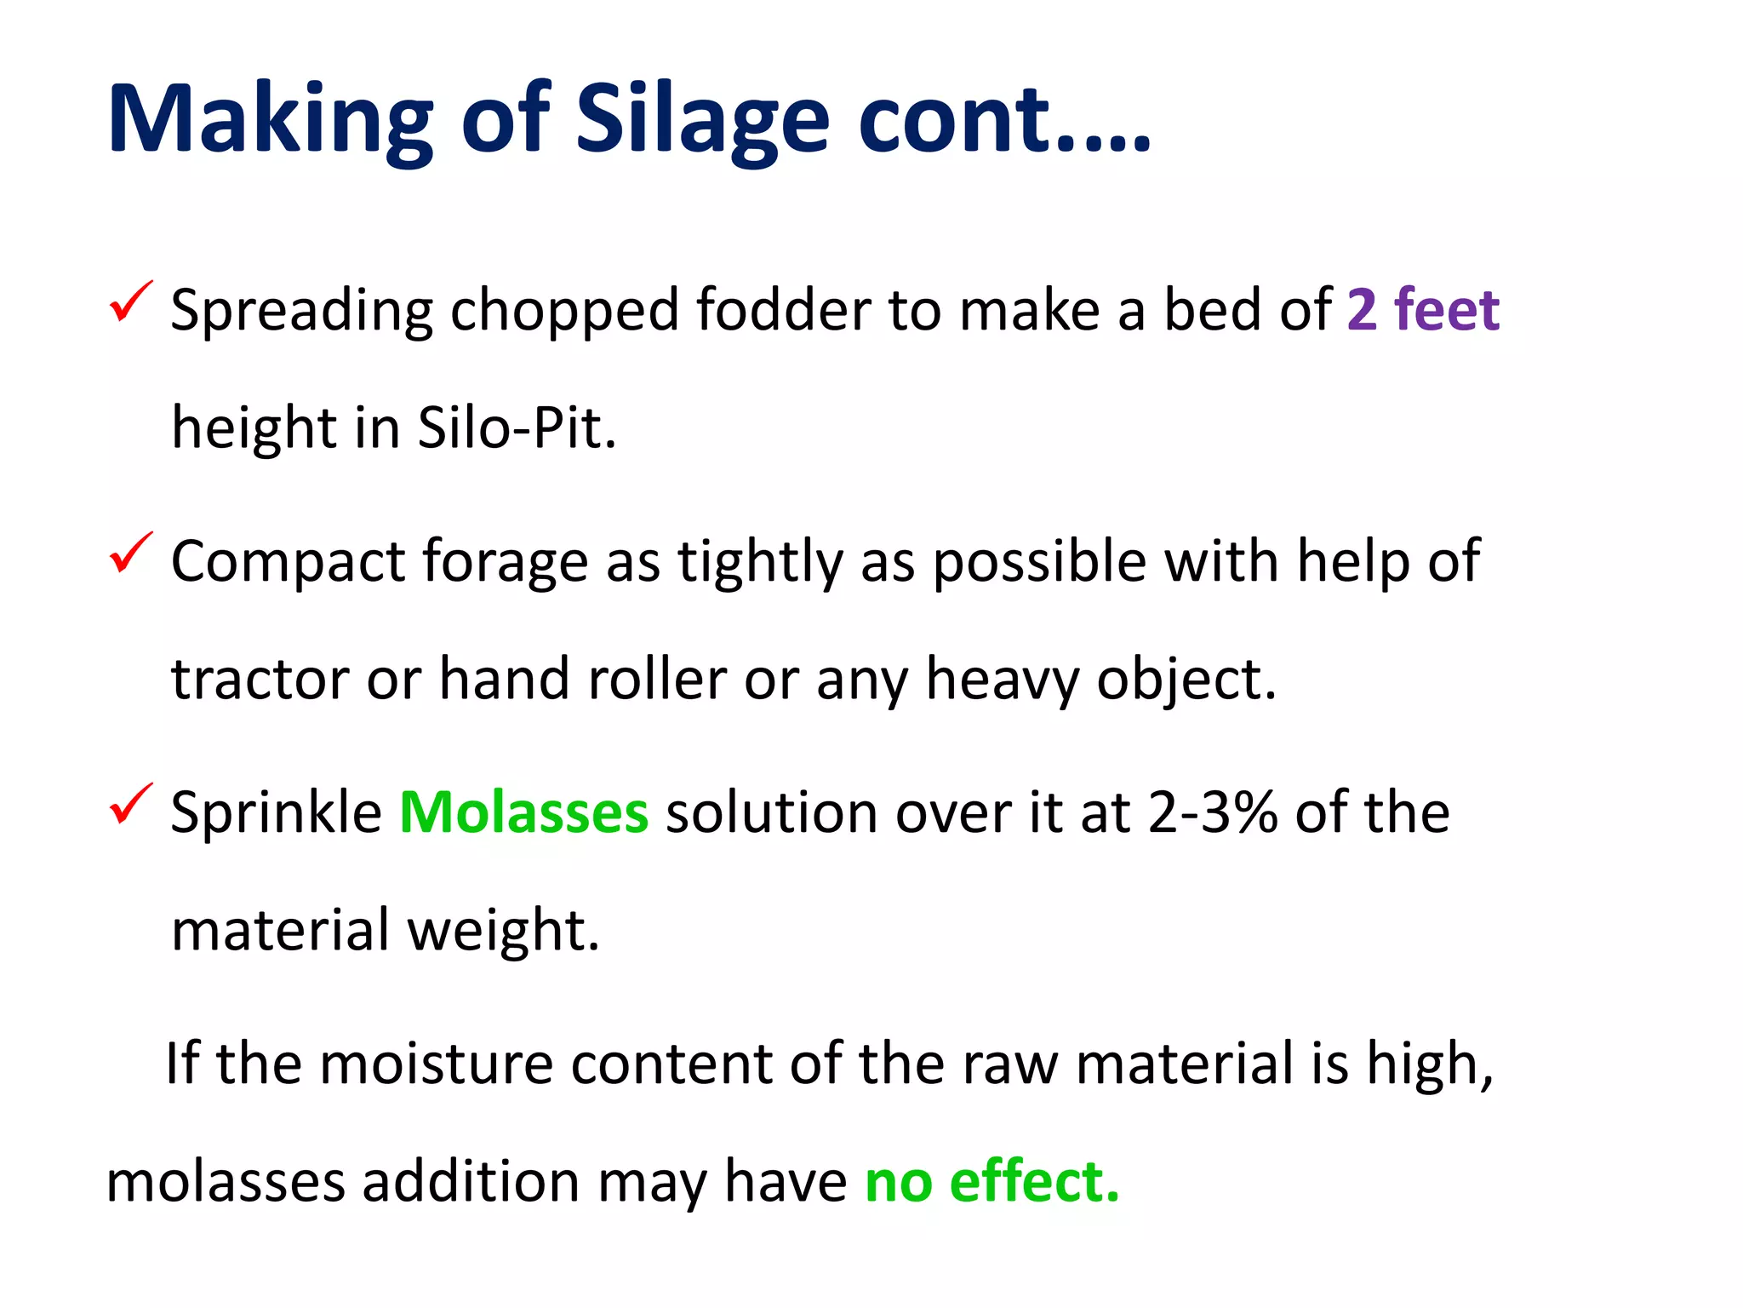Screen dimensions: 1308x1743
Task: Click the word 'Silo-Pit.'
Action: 517,427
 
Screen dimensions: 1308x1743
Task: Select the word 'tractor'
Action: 260,680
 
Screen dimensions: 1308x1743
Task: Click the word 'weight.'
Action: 503,930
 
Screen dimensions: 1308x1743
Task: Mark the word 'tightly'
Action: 759,562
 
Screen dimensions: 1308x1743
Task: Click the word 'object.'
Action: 1186,680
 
